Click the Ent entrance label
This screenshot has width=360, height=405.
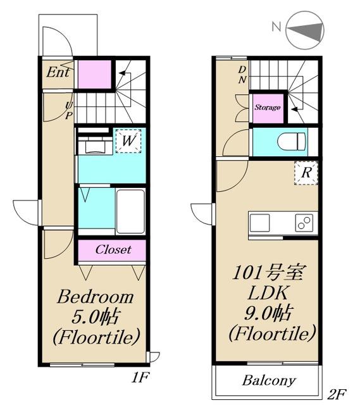(x=58, y=72)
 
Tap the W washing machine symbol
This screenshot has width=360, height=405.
(x=128, y=140)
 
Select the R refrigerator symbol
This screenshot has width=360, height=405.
(x=306, y=173)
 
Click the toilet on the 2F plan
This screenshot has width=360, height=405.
(x=291, y=142)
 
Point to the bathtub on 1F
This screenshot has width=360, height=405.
(x=130, y=212)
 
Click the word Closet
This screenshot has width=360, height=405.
(x=113, y=249)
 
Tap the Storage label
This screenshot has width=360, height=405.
(x=268, y=107)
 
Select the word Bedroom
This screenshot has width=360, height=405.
(x=96, y=297)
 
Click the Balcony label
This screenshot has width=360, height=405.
(x=269, y=380)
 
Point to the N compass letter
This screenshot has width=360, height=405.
(x=276, y=27)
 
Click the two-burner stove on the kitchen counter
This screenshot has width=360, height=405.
(x=304, y=223)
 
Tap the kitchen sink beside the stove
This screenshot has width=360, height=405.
(x=259, y=223)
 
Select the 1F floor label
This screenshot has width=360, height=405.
(x=140, y=378)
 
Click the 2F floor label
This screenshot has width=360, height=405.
(x=337, y=394)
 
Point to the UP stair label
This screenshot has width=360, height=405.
(x=68, y=111)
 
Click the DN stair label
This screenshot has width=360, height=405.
(x=242, y=75)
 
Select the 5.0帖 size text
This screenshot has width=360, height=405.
(x=96, y=316)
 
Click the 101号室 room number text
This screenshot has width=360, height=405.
(x=268, y=273)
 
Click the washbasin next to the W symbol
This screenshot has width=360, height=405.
(x=96, y=147)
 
